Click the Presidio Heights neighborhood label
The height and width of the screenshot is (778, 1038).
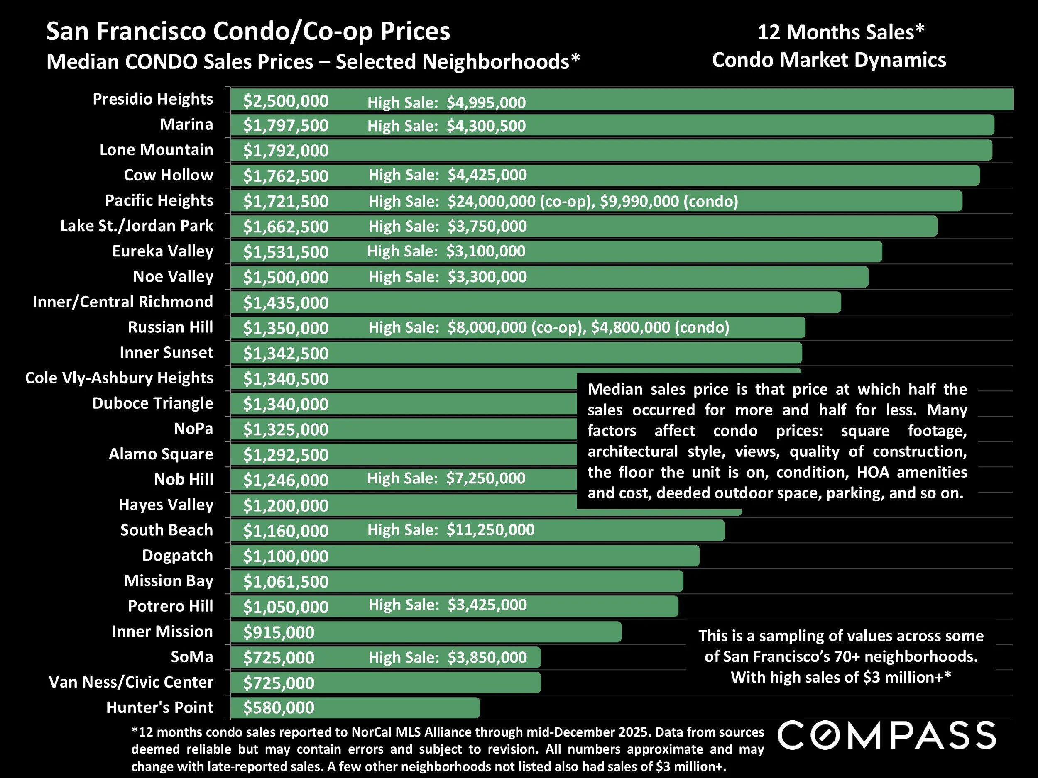[152, 99]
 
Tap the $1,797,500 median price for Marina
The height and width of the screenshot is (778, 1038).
[285, 126]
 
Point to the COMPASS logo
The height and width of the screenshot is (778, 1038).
[886, 735]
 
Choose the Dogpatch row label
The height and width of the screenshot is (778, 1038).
[177, 555]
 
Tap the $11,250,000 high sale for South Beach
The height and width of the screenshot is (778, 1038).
[490, 530]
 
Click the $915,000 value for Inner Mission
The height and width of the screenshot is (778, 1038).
[278, 632]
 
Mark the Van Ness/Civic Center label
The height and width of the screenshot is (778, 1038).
[131, 682]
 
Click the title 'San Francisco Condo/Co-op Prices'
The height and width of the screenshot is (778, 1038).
[248, 32]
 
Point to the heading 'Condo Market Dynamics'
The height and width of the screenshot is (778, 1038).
[829, 60]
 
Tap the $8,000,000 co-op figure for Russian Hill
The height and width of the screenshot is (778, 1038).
[487, 327]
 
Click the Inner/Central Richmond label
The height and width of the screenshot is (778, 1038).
[122, 302]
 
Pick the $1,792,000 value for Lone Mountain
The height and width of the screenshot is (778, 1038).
[285, 151]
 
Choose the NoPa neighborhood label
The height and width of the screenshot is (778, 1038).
[193, 429]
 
